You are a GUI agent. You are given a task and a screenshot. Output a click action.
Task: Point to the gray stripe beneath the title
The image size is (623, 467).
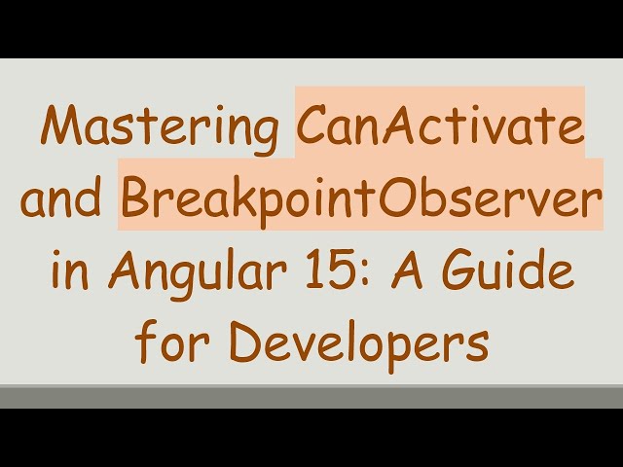tap(311, 396)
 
